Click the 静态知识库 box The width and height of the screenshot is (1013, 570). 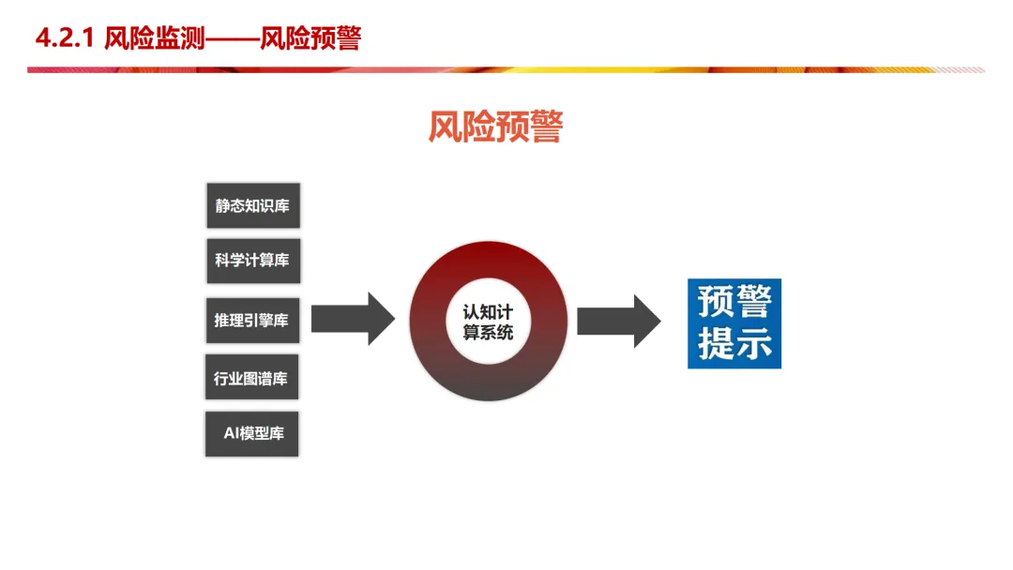pos(253,205)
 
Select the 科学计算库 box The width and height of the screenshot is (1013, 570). pos(253,261)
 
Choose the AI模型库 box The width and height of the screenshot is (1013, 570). pos(252,434)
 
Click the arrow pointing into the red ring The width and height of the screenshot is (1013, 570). pos(353,319)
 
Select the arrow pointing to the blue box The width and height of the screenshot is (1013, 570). pos(618,321)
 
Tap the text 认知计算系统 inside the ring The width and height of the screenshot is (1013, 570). pos(488,322)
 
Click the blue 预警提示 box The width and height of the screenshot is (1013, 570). pos(734,323)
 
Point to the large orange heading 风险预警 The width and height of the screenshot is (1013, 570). pos(495,127)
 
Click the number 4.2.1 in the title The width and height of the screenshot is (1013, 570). pos(65,38)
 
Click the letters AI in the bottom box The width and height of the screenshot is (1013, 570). pos(232,434)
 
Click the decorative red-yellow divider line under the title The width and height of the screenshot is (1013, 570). pos(506,69)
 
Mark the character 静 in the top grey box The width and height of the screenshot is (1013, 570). pos(223,205)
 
